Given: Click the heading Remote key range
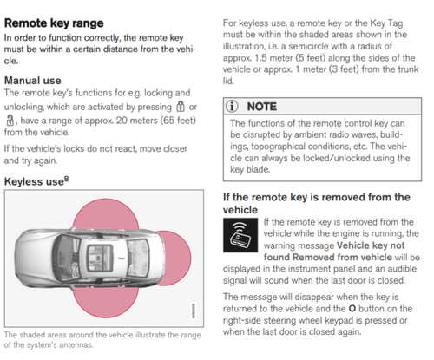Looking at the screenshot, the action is click(x=54, y=23).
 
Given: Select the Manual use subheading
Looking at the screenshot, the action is click(x=33, y=81).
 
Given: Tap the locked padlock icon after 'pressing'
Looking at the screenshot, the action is click(x=181, y=107).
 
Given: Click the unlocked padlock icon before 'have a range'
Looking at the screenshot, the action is click(x=10, y=120).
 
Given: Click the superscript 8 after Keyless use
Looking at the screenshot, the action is click(x=66, y=179).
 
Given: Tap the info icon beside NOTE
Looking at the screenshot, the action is click(x=232, y=106).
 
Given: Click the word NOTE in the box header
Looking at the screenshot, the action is click(x=262, y=107).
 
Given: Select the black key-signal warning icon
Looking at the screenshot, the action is click(x=240, y=235).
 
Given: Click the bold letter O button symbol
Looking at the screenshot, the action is click(x=352, y=309).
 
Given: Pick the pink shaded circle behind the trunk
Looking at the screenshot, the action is click(x=176, y=259).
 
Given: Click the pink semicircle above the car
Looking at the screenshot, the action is click(x=106, y=214).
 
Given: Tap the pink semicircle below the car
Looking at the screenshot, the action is click(x=105, y=302).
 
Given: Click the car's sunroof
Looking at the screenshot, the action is click(x=100, y=258).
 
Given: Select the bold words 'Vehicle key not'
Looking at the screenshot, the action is click(x=371, y=245).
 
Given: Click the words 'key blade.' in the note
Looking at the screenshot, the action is click(x=250, y=169).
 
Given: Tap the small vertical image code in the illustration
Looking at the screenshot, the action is click(x=194, y=311).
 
